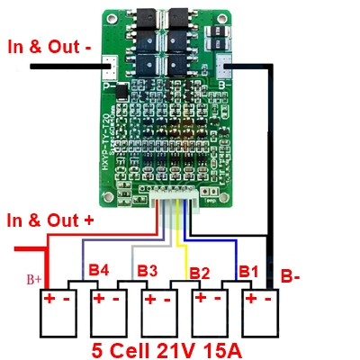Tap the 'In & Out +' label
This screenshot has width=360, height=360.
click(49, 219)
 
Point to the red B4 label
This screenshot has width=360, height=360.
click(98, 269)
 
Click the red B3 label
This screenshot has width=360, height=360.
click(148, 270)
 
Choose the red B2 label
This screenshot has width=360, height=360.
click(199, 273)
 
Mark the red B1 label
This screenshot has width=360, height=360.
click(247, 270)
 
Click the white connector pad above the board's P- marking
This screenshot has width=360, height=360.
click(109, 65)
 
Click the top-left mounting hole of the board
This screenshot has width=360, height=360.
click(109, 18)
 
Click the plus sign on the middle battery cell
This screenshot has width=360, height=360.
click(148, 297)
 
